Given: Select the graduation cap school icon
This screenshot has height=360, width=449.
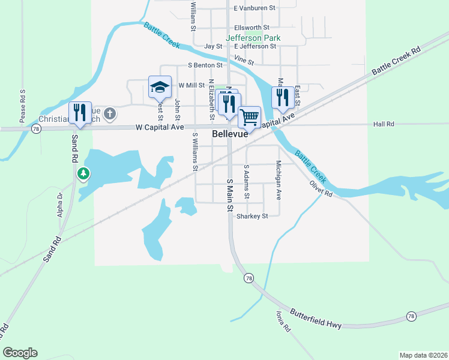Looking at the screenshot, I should pos(160,88).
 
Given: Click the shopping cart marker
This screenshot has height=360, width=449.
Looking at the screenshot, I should pos(249,116).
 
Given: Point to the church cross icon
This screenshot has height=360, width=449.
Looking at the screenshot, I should pos(109,113).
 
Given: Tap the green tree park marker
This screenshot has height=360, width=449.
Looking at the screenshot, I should pos(83,174).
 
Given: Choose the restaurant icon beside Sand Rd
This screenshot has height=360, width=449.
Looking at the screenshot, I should pos(79,113).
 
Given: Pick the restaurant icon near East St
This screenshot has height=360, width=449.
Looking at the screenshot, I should pos(283,98).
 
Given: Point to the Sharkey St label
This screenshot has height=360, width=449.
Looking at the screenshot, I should pos(252,216).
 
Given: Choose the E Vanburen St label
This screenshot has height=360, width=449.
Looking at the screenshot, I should pos(255,8).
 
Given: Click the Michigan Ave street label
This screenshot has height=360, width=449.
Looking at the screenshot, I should pos(279,180).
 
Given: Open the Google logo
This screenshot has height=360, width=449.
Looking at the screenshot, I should pos(20,353).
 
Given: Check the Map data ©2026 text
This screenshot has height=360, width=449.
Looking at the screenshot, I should pos(423,355).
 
